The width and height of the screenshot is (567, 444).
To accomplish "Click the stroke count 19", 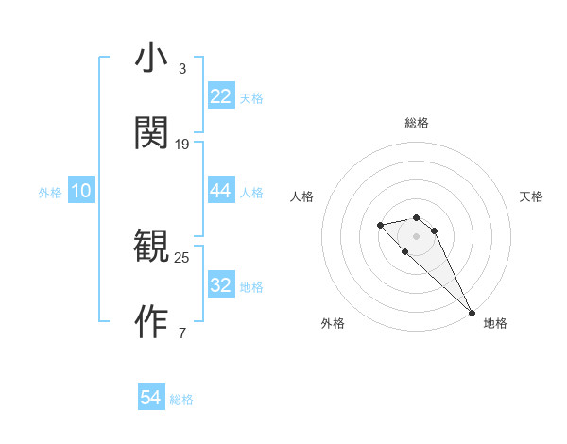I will [182, 145].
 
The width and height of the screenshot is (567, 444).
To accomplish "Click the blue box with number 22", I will [221, 96].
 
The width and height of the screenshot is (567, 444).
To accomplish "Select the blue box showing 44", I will [221, 191].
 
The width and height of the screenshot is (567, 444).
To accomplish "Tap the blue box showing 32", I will [221, 285].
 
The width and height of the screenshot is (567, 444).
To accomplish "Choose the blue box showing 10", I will [81, 191].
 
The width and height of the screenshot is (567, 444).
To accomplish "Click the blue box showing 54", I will [151, 399].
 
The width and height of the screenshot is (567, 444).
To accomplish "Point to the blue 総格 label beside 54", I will [181, 400].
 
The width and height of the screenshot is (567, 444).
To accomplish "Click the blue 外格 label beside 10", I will [50, 192].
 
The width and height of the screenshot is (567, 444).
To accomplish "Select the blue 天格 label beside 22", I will [251, 97].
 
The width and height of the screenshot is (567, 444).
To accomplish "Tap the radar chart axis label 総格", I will [417, 123].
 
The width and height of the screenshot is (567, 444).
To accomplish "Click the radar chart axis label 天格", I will [531, 196].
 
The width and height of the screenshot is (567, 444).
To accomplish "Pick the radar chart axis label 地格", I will [495, 323].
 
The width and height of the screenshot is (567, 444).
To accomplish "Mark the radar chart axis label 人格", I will [302, 196].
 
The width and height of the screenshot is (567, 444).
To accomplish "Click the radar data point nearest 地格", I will [472, 313].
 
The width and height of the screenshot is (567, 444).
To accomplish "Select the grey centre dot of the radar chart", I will [417, 235].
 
